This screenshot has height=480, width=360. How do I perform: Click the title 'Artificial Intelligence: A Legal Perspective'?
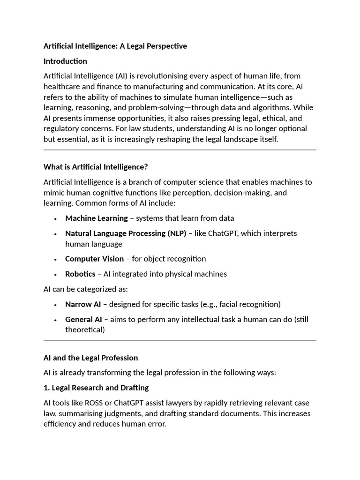[115, 46]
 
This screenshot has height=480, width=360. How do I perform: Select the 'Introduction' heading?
[65, 61]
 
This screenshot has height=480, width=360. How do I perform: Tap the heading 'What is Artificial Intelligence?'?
[96, 167]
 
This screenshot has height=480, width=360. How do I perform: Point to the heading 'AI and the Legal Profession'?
[90, 358]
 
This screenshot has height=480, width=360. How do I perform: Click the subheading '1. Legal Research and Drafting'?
[96, 388]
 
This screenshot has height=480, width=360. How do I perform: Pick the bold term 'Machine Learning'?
[96, 218]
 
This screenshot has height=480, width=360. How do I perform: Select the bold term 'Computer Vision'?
[94, 259]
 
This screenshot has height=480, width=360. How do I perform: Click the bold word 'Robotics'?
[80, 274]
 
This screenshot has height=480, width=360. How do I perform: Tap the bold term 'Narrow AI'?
[82, 304]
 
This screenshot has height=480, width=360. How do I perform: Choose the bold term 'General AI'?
[83, 319]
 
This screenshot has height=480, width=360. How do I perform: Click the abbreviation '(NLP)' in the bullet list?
[176, 233]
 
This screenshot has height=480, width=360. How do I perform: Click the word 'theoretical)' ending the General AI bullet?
[85, 330]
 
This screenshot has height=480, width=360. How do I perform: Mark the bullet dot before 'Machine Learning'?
[55, 218]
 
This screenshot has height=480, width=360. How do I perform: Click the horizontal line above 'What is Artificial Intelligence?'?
[180, 150]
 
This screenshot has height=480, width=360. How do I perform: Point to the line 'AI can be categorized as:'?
[85, 289]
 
